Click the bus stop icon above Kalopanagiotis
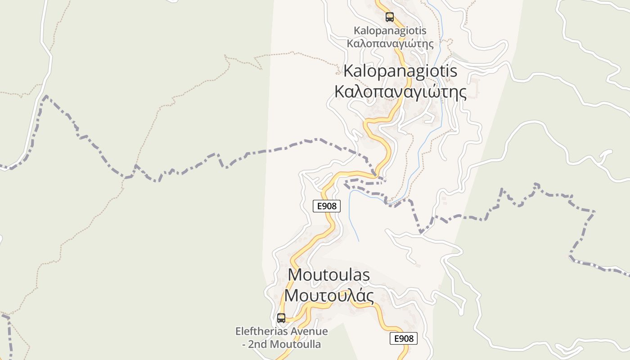(390, 17)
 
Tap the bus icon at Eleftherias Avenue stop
(281, 318)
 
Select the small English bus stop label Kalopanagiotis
(390, 31)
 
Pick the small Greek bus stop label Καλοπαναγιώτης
(390, 44)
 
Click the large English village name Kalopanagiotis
(400, 71)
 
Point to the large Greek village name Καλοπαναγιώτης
(400, 92)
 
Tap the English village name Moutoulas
(328, 274)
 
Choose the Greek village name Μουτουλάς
(329, 296)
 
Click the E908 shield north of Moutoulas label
(327, 206)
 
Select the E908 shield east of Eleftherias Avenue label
(404, 338)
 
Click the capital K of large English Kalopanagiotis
(349, 71)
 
